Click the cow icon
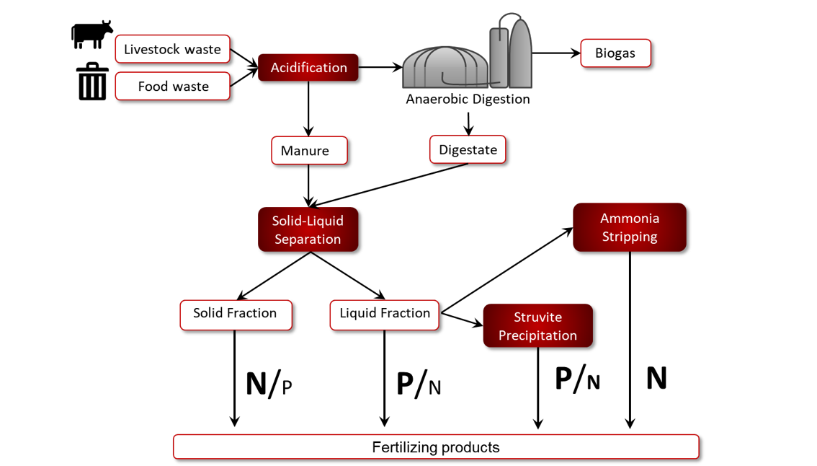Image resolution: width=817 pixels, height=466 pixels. point(91,35)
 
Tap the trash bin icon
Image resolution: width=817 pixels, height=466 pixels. point(93,82)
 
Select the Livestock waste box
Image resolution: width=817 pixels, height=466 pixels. point(172,49)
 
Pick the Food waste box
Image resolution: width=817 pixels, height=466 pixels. point(172,86)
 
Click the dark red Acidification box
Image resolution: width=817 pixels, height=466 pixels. point(308,67)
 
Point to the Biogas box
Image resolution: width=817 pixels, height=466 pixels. point(615,53)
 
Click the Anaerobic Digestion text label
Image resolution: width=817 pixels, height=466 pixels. point(468,99)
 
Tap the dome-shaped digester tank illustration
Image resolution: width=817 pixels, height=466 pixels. point(446,67)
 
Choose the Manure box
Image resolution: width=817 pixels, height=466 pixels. point(310,150)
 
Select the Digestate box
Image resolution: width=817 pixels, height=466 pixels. point(468,150)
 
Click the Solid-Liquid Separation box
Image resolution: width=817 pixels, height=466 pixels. point(308,229)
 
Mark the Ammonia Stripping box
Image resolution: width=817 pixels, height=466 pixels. point(630,227)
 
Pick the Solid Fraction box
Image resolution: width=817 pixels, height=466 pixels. point(236,315)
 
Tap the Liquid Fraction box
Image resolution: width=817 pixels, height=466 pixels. point(385,315)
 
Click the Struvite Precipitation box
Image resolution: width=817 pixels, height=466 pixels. point(537,325)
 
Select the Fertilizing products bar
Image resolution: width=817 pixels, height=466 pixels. point(436,447)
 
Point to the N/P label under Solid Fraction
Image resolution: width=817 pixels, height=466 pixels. point(269,384)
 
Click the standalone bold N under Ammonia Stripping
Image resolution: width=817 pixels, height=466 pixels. point(656,378)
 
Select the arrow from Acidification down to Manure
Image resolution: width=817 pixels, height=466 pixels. point(308,108)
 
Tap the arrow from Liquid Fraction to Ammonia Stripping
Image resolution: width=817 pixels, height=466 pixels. point(507,271)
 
